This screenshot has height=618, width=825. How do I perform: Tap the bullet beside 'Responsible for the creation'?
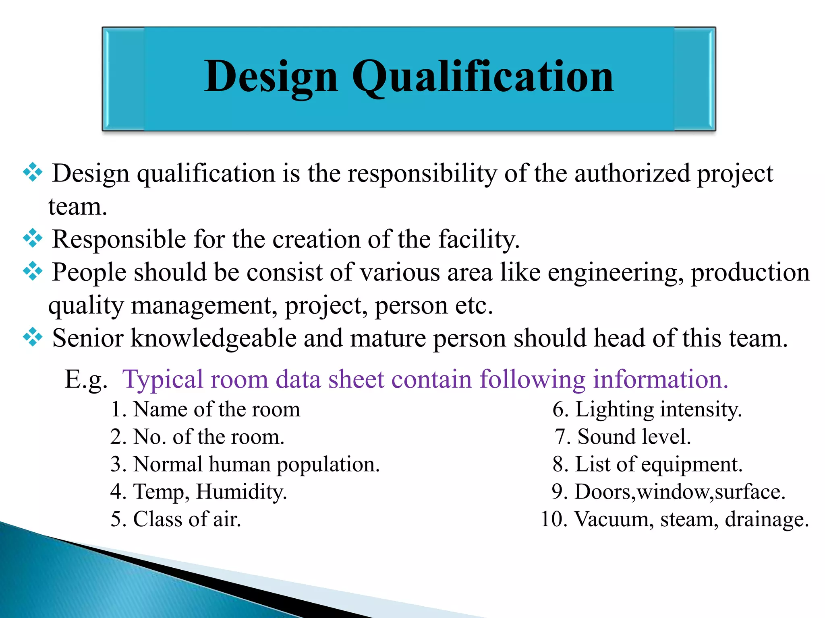(33, 239)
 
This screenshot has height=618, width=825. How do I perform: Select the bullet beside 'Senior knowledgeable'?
(33, 337)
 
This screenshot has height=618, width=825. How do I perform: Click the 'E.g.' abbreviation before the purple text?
(86, 379)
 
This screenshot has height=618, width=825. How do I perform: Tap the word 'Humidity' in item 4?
(241, 492)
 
